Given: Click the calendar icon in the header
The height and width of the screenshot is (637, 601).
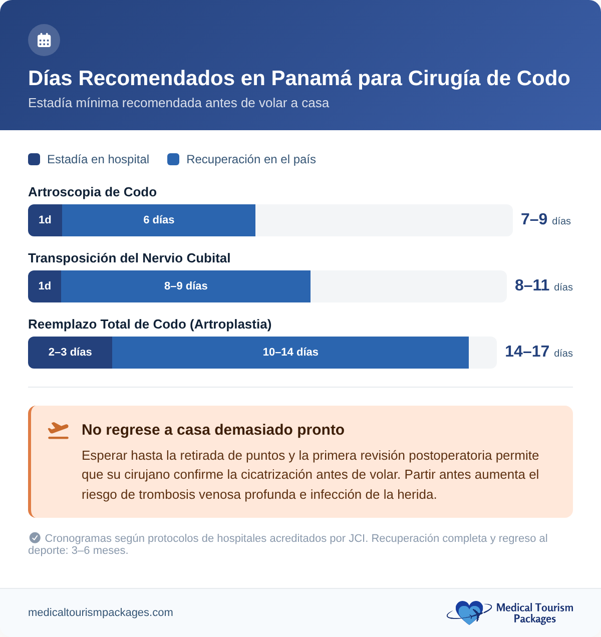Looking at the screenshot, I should (44, 40).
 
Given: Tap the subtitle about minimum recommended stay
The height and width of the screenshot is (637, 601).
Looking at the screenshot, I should (178, 103).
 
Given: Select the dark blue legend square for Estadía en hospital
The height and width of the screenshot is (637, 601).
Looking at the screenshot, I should (34, 159).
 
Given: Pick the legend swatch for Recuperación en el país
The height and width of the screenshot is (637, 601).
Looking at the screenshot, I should (173, 159).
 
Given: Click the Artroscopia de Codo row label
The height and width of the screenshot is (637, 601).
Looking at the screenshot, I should (92, 192).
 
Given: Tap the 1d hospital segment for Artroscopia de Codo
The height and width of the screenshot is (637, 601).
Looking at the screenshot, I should (45, 220).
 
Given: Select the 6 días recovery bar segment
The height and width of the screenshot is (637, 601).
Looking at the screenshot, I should (159, 220).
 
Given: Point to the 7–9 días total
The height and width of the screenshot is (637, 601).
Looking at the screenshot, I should (545, 220).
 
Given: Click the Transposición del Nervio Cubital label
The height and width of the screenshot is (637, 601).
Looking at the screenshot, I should (129, 258).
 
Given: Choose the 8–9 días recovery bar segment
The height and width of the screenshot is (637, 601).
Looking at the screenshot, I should (186, 286).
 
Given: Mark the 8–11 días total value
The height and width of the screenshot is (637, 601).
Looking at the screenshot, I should (543, 286).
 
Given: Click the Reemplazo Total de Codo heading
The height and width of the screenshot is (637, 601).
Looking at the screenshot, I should (150, 325).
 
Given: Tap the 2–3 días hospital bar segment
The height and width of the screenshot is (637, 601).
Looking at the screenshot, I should (70, 353).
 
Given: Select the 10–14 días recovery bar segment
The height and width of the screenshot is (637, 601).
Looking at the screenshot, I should (290, 353).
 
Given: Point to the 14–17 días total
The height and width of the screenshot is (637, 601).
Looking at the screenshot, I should (538, 352).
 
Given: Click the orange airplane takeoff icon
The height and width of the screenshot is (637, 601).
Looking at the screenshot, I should (59, 430).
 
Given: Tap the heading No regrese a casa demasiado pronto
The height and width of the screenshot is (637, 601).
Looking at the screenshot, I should (213, 430).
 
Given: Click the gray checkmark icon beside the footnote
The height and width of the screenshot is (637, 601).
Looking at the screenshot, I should (35, 538).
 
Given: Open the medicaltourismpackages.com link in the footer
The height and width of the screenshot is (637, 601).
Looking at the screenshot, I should (101, 612).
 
